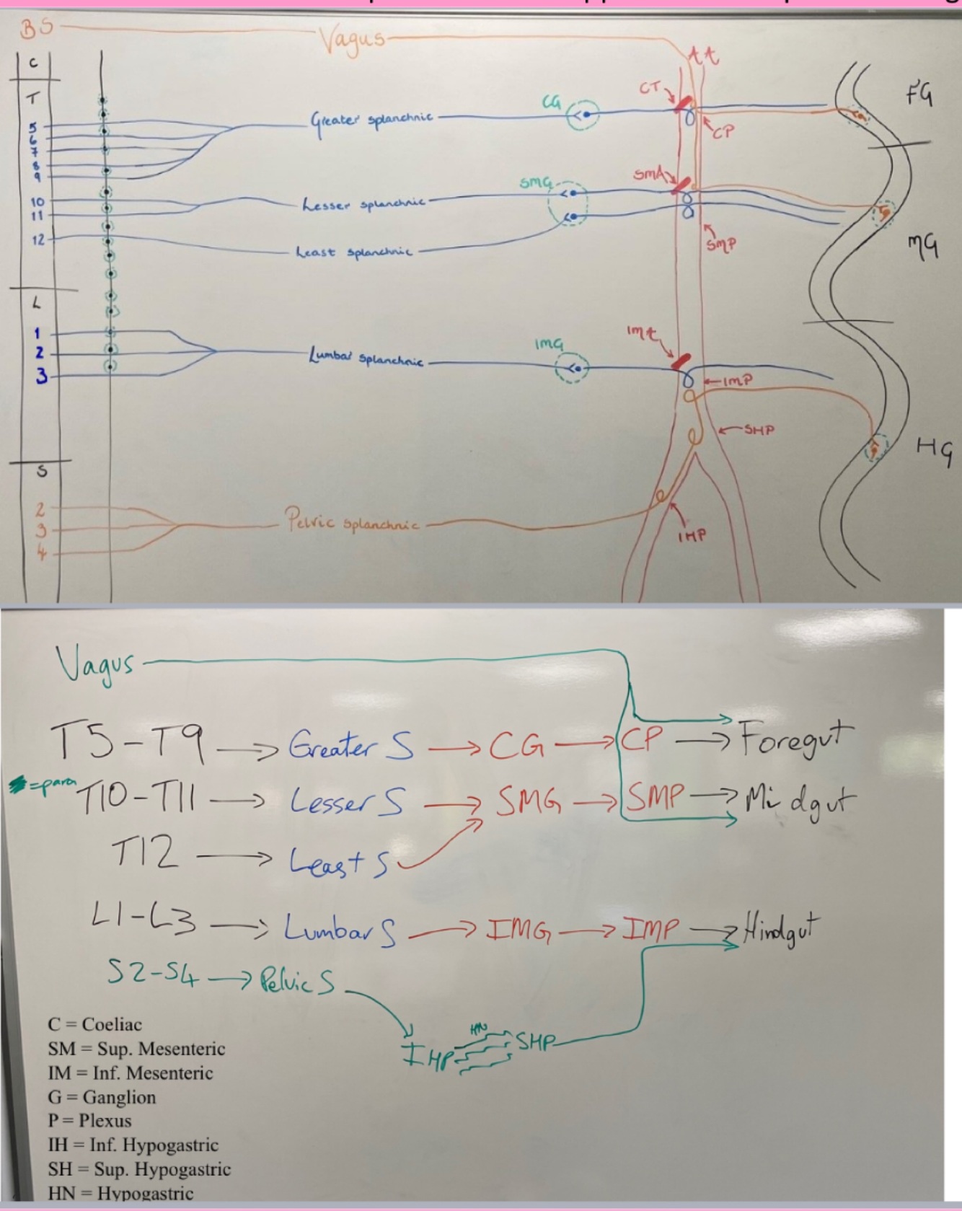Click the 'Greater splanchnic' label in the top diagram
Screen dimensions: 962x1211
pos(371,118)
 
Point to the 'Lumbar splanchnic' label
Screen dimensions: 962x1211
pos(366,358)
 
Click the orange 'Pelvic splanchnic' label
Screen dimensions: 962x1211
pos(351,520)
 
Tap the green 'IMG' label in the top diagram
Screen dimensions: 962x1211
pos(549,345)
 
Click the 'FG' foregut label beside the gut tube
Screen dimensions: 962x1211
pos(919,94)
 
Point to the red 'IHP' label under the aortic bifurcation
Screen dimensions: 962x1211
pos(692,536)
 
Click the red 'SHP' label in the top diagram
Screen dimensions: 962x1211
pos(759,430)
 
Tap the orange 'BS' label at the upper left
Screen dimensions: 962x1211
pos(36,29)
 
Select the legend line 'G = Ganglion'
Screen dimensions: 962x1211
pos(102,1097)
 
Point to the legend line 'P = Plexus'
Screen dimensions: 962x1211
pos(90,1121)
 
